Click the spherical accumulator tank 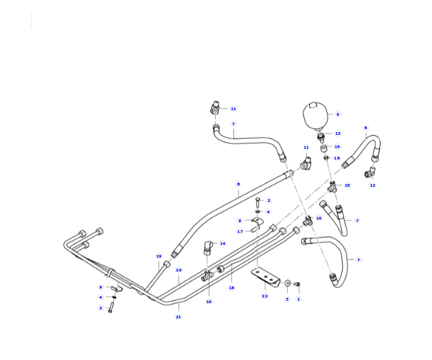pos(316,116)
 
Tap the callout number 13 pos(338,133)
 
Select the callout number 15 pos(337,147)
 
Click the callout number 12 pos(373,185)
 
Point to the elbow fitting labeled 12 pos(369,172)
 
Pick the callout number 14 pos(223,244)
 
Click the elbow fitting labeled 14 pos(207,247)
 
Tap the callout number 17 pos(240,232)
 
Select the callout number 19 pos(159,256)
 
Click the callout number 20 pos(179,270)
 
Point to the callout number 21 pos(178,317)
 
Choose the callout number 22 pos(265,296)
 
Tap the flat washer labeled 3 pos(287,283)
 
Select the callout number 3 pos(287,299)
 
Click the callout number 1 pos(299,299)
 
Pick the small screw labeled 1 pos(297,284)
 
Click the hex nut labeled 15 pos(324,149)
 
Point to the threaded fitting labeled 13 pos(320,136)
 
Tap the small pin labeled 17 pos(255,229)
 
